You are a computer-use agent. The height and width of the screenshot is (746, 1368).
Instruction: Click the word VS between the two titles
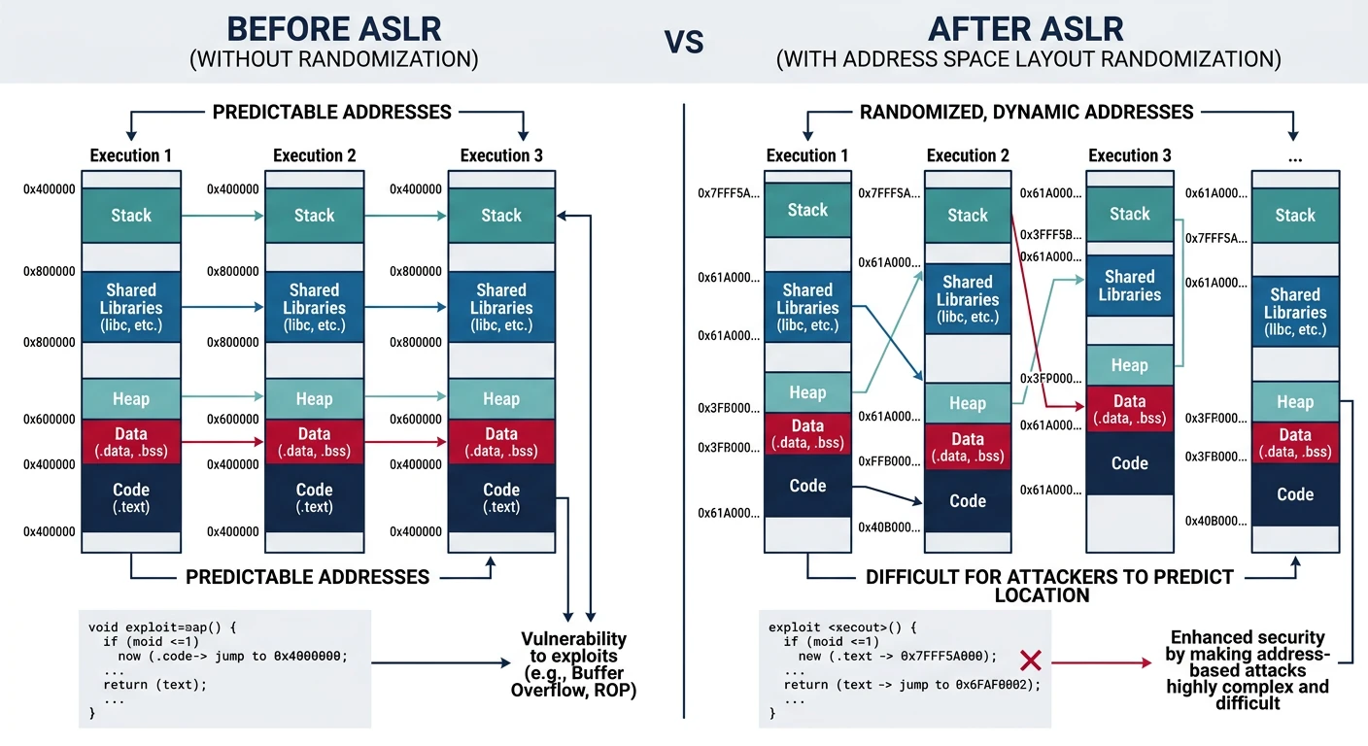click(x=684, y=41)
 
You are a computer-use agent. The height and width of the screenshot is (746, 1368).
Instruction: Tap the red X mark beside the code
click(x=1031, y=661)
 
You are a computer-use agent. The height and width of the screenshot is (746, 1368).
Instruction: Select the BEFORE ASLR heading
click(x=333, y=29)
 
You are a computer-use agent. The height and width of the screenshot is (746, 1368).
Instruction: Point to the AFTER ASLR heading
click(x=1028, y=29)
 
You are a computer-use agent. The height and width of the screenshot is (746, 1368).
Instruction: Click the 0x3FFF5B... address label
click(x=1051, y=235)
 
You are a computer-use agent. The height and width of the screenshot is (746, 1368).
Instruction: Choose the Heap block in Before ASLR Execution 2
click(x=314, y=399)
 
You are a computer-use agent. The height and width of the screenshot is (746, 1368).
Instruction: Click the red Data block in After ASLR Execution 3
click(x=1129, y=409)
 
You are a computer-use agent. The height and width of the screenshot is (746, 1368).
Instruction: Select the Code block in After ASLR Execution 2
click(x=968, y=501)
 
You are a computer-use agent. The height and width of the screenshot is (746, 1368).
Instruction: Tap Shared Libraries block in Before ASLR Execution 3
click(x=501, y=307)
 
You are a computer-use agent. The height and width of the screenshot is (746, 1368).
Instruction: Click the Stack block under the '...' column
click(x=1294, y=216)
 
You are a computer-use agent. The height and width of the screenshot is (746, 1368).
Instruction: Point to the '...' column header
click(x=1294, y=155)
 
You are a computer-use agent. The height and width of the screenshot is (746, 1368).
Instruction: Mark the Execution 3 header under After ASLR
click(x=1129, y=155)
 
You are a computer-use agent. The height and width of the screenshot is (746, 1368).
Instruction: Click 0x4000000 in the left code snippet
click(x=305, y=656)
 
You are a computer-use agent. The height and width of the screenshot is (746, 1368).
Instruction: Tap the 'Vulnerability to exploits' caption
click(x=573, y=664)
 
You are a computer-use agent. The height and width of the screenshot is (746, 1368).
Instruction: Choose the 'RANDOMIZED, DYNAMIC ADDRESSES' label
click(x=1026, y=112)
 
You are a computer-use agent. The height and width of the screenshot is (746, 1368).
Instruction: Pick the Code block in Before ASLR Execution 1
click(x=131, y=497)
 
